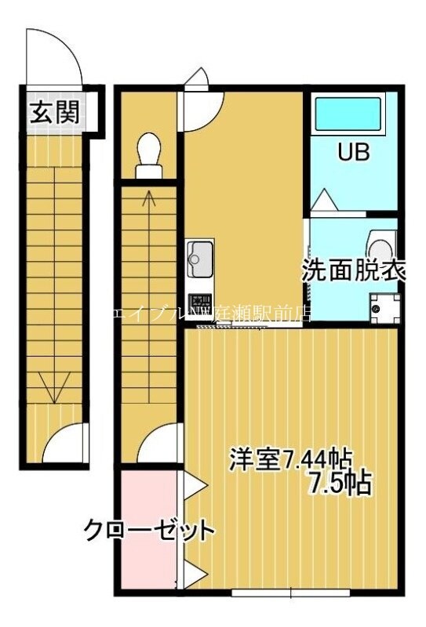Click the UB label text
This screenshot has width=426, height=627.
pos(353,152)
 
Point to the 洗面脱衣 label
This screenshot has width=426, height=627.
pos(354,271)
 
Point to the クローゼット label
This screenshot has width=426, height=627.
pos(149,531)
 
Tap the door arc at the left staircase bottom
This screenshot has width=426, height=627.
pos(63,444)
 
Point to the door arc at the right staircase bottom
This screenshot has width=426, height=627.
pos(160,444)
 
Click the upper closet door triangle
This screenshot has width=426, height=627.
pos(194,487)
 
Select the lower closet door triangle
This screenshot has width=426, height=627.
pos(194,574)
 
